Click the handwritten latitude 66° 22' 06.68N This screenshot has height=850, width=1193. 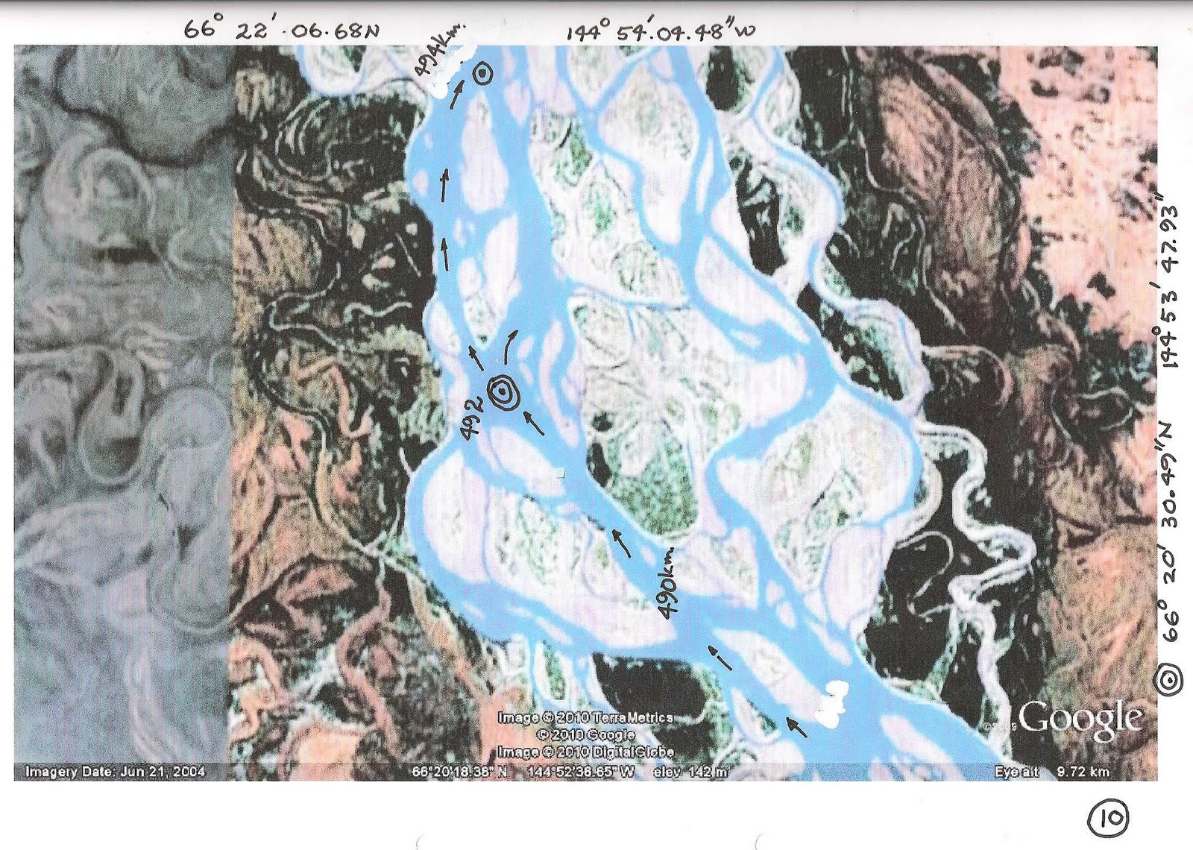(x=282, y=29)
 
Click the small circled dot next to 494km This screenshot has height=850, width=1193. (x=482, y=72)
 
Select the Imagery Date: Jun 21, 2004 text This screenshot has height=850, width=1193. (x=116, y=772)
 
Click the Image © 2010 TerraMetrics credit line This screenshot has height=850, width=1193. (x=585, y=717)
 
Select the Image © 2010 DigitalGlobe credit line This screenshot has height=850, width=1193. (x=585, y=752)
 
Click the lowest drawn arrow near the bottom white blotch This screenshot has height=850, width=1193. (x=797, y=725)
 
